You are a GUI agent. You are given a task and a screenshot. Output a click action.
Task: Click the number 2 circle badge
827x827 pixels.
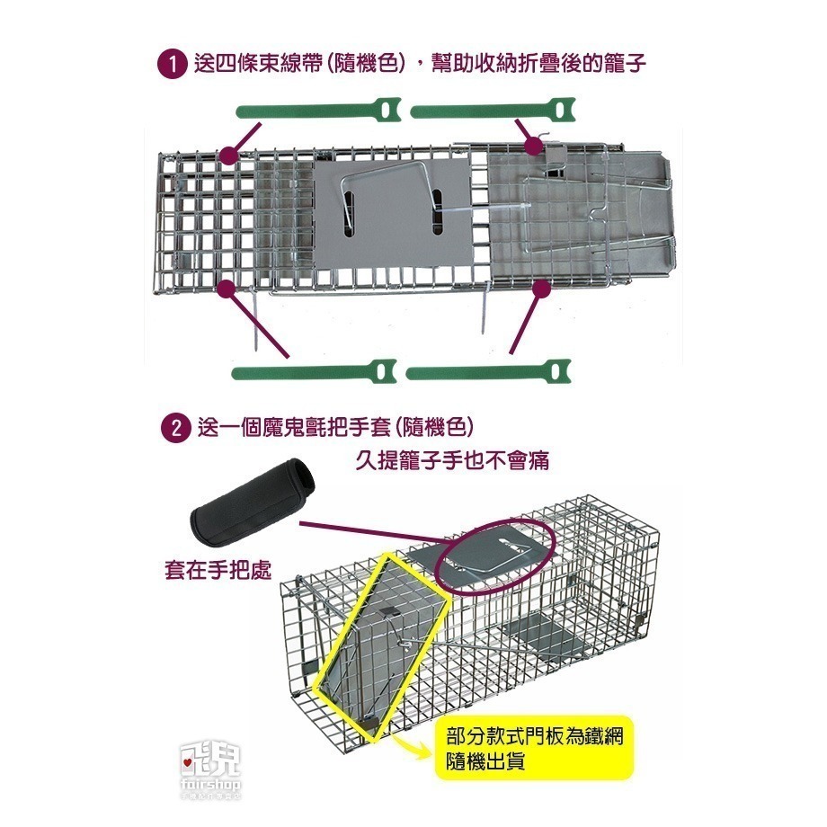[171, 426]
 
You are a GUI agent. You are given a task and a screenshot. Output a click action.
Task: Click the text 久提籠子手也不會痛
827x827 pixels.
[452, 461]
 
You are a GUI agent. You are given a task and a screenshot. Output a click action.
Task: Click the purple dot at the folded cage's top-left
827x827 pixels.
[228, 155]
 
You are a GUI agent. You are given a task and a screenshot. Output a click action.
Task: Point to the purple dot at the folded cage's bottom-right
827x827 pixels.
[540, 289]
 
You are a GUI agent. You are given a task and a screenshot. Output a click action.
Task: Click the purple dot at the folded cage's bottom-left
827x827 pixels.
[227, 288]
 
